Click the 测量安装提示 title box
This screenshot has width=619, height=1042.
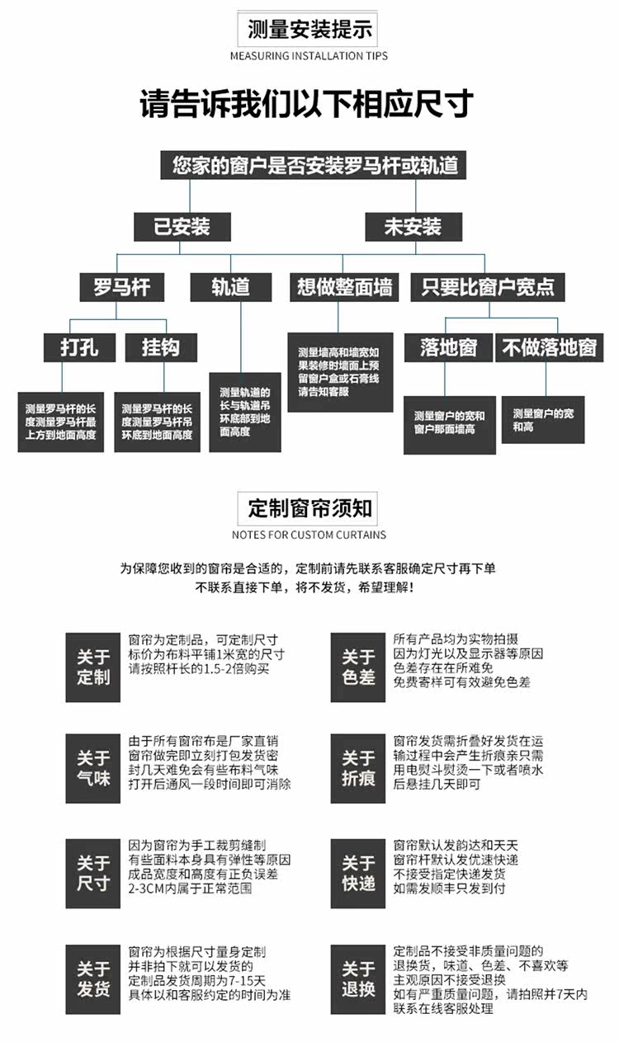[309, 31]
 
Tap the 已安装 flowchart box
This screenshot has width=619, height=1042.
[182, 227]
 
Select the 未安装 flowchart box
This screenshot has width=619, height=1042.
[413, 227]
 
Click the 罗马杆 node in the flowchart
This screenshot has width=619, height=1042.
[121, 286]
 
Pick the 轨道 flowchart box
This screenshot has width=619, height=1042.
[230, 286]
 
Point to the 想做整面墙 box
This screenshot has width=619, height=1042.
[344, 286]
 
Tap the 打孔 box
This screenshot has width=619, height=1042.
[79, 347]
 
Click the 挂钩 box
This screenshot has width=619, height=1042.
[161, 347]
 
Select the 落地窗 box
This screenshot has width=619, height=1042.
[448, 347]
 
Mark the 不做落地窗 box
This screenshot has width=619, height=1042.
[549, 347]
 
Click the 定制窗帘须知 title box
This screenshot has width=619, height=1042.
[309, 508]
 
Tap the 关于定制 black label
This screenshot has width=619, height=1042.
[93, 667]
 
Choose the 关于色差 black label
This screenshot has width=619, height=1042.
[358, 667]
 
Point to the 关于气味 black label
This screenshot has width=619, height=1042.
[93, 768]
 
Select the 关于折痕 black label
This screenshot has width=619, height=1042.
[358, 768]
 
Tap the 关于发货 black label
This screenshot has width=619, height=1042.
[93, 978]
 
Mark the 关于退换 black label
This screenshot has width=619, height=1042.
[358, 978]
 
